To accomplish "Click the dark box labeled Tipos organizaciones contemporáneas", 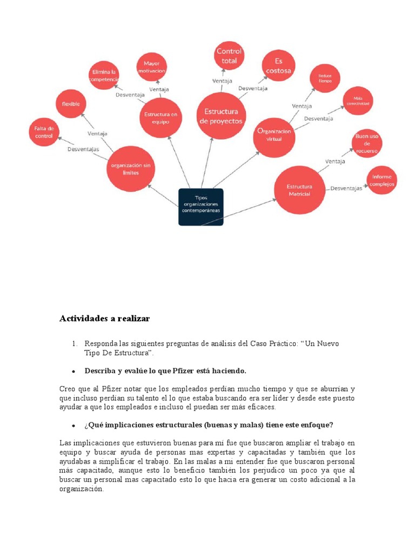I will coord(201,206).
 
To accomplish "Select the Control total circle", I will coord(229,56).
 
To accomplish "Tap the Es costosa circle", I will coord(278,66).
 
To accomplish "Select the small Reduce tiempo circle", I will coord(325,78).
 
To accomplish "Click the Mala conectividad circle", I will coord(358,101).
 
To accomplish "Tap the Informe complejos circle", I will coord(383,180).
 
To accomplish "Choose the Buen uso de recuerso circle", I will coord(367,144).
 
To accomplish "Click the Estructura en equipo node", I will coord(160,118).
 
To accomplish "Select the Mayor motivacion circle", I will coord(151,67).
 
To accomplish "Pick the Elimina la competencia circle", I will coord(104,76).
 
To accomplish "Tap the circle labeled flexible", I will coord(71,104).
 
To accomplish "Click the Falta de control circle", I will coord(44,133).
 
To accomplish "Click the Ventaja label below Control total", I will coord(222,81).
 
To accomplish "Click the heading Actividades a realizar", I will coord(104,319).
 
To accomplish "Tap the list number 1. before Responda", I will coord(75,344).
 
